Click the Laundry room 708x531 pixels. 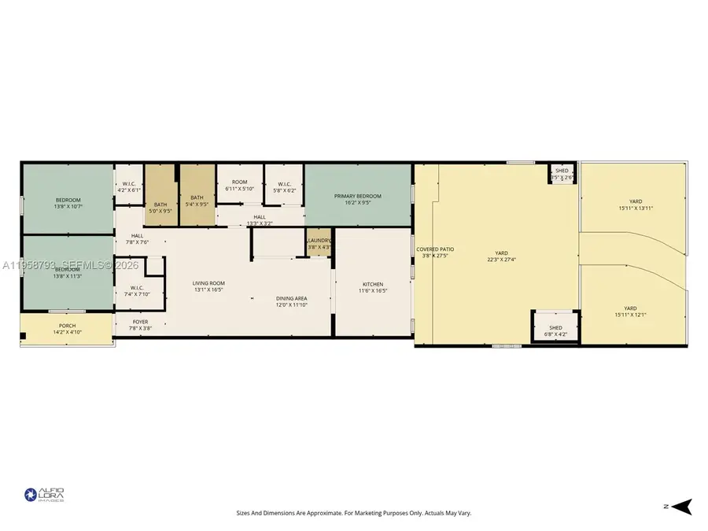coord(319,243)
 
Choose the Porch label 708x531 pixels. coord(68,329)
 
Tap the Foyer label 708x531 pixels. coord(140,325)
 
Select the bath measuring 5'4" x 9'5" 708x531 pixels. coord(197,201)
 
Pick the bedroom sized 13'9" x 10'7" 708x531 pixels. coord(68,203)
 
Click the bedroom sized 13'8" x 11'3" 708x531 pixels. coord(68,272)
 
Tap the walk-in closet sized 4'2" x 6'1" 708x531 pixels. coord(129,186)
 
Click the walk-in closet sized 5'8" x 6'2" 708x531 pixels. coord(284,187)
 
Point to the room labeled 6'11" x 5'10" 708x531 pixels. coord(239,185)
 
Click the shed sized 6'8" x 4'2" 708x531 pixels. coord(555,330)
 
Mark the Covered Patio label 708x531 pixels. coord(435,253)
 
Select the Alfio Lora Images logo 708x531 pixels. coord(44,495)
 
